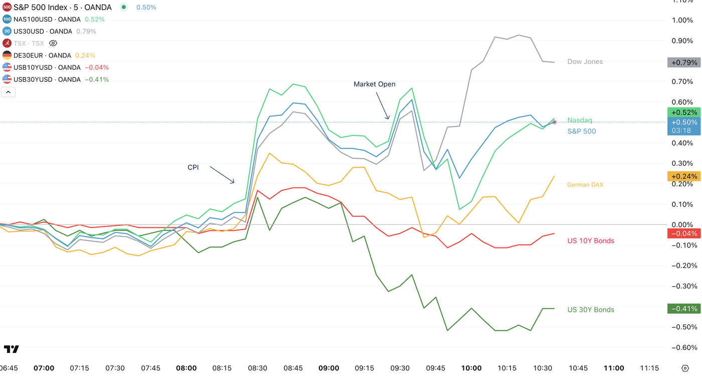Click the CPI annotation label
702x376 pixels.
193,167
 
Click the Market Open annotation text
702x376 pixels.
374,84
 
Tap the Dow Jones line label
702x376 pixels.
585,62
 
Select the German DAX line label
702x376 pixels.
585,185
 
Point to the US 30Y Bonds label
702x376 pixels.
590,310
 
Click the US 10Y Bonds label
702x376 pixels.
590,241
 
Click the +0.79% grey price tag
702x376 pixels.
683,63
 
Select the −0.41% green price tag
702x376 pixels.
683,309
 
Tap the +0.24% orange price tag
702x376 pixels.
683,176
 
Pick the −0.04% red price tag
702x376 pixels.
683,233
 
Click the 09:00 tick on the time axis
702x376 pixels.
328,368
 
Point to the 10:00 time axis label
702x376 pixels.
471,368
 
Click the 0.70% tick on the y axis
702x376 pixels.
682,81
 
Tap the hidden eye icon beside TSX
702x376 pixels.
53,44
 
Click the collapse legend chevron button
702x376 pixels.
8,92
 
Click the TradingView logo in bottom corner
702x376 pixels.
11,349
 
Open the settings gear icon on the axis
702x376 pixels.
685,368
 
